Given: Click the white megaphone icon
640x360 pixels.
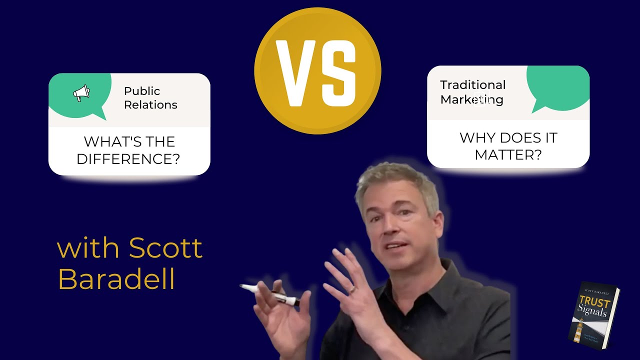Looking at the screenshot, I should tap(81, 93).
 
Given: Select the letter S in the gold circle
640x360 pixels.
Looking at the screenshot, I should tap(339, 72).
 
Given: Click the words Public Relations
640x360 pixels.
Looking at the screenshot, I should tap(150, 98).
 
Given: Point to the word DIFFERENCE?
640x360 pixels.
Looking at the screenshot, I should tap(128, 159).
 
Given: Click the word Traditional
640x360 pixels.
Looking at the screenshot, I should tap(472, 85).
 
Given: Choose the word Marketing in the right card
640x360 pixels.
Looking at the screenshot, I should tap(471, 99).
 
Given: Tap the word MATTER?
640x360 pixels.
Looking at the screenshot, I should tap(508, 154).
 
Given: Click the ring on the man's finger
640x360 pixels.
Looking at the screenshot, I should tap(353, 289).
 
